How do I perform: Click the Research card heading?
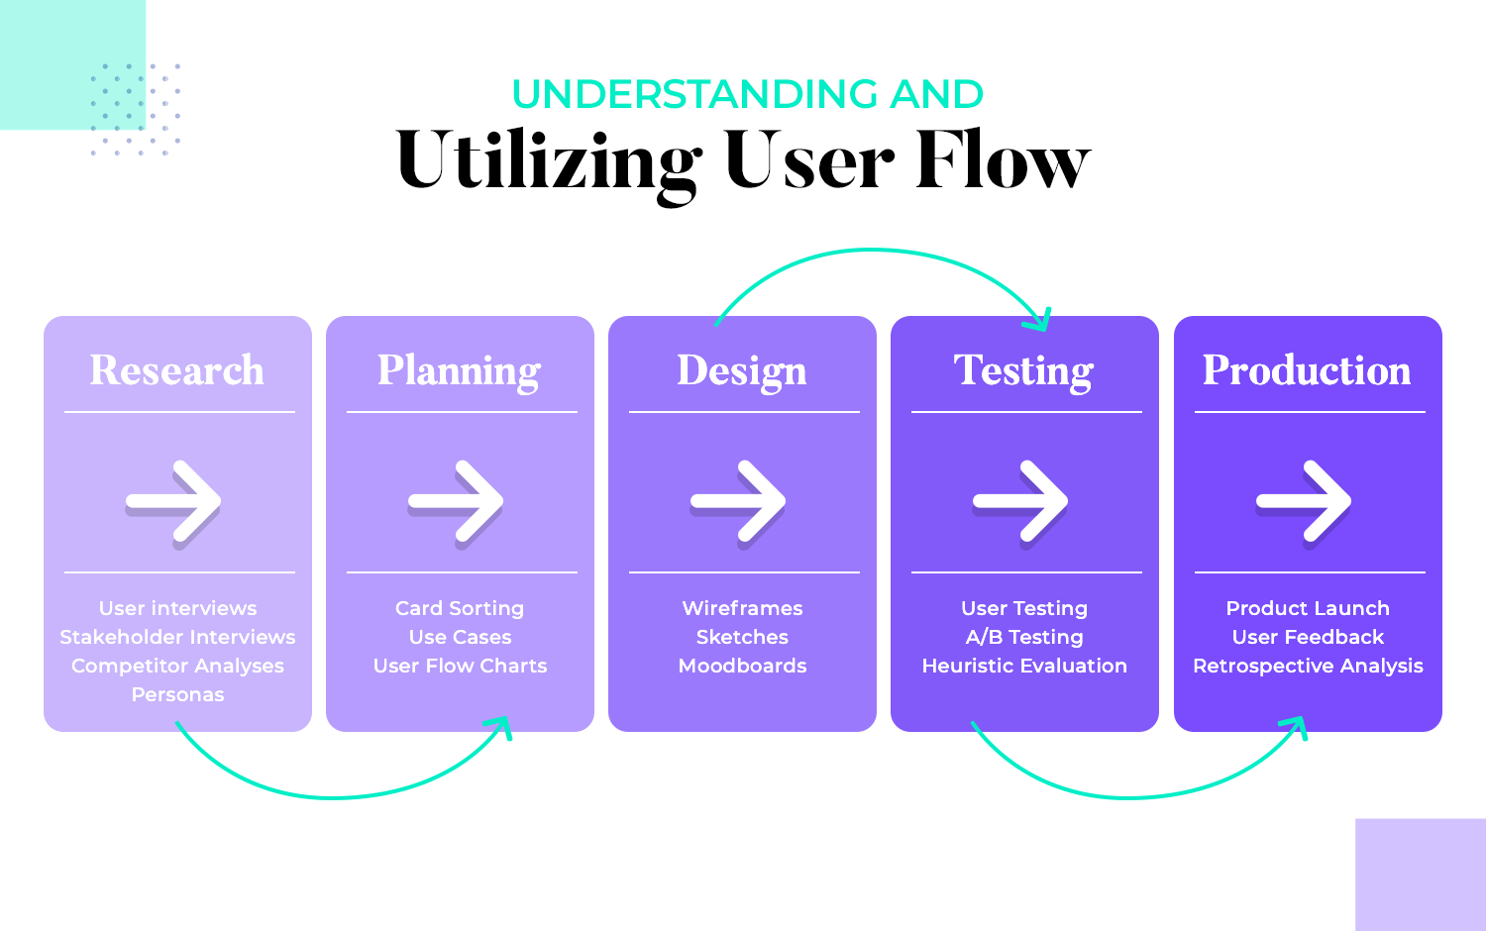(x=177, y=369)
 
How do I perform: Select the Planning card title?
(x=459, y=371)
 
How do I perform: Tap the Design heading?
(x=742, y=371)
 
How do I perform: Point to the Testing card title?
(x=1023, y=371)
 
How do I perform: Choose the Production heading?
(x=1307, y=369)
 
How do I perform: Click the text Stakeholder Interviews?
(x=177, y=637)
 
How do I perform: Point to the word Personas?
(x=177, y=695)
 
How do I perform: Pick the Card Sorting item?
(x=460, y=609)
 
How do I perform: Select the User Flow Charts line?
(x=460, y=666)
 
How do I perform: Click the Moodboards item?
(x=742, y=666)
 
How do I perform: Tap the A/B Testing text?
(x=1024, y=637)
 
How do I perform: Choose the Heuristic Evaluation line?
(x=1024, y=666)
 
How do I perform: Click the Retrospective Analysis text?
(x=1309, y=666)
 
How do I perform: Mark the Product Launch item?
(x=1308, y=609)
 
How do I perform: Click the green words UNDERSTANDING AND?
(x=748, y=94)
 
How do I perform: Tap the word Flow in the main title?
(x=1004, y=159)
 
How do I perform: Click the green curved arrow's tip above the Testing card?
(x=1044, y=329)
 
